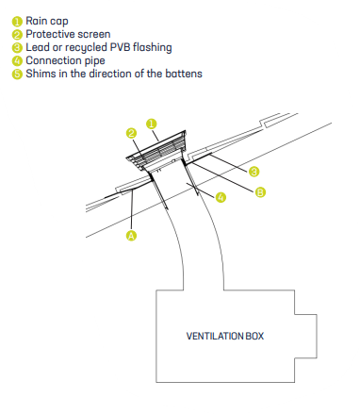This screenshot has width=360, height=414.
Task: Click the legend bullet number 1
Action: click(x=17, y=22)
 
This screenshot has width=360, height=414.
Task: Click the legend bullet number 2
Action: click(x=17, y=35)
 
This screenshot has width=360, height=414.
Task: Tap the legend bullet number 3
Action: click(x=17, y=48)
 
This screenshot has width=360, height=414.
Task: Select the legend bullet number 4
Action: click(x=17, y=61)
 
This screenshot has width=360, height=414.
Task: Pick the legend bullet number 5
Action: click(x=17, y=75)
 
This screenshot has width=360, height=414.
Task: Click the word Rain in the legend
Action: click(x=35, y=21)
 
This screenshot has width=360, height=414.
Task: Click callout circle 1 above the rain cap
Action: click(x=152, y=124)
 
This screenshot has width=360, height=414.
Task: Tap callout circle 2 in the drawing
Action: click(x=132, y=133)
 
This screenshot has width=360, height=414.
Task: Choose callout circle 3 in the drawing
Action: click(x=254, y=172)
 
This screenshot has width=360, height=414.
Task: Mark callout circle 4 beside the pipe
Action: click(x=221, y=197)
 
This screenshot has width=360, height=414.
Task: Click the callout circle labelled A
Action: click(x=131, y=236)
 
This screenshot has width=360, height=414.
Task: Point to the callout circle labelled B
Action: click(x=260, y=192)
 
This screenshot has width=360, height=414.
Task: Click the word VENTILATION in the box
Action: click(x=214, y=336)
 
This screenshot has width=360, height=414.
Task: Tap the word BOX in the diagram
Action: click(x=254, y=336)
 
